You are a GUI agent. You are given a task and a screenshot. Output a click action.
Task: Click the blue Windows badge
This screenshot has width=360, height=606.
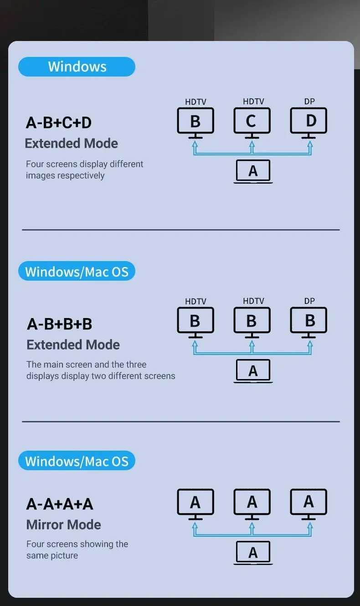tap(77, 67)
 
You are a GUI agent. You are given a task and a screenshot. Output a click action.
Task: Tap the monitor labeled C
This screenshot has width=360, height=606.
tap(252, 121)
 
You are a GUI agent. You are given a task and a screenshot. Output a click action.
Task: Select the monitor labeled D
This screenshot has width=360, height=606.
tap(309, 121)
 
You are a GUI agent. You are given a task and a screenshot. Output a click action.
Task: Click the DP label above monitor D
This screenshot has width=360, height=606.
tap(309, 102)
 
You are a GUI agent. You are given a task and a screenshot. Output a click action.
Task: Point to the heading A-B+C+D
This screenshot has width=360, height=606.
tap(59, 123)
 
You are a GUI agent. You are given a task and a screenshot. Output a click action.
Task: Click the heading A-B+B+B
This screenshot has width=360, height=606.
tap(60, 324)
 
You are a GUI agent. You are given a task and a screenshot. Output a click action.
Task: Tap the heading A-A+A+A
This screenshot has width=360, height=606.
tap(60, 504)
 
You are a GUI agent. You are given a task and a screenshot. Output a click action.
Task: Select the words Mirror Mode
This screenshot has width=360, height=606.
tap(64, 524)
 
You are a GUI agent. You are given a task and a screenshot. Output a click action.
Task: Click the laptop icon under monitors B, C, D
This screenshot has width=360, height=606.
tap(253, 171)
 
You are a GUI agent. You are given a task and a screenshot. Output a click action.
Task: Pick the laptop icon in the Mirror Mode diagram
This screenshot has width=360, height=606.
tap(253, 553)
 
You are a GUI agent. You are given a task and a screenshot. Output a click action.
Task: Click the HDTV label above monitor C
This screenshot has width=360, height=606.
tap(253, 102)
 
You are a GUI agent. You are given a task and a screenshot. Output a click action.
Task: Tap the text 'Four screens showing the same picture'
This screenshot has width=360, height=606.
tap(77, 550)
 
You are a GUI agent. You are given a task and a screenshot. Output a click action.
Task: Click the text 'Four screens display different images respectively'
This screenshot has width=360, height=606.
tap(85, 169)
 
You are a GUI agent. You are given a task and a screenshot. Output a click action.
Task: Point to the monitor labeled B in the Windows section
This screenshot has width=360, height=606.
tap(195, 121)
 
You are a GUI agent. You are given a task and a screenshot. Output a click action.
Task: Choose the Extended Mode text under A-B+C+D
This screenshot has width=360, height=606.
tap(72, 144)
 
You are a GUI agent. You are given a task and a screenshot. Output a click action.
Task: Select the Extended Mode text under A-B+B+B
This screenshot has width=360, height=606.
tap(73, 345)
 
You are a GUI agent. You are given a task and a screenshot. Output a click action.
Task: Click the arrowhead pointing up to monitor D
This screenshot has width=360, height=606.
tap(310, 145)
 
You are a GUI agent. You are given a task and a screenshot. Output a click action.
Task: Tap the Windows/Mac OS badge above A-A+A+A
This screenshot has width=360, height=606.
tap(77, 461)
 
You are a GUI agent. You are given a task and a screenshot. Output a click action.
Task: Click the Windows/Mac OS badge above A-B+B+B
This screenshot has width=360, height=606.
tap(77, 272)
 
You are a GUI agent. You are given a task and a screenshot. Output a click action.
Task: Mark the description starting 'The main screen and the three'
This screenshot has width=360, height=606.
tap(101, 370)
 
